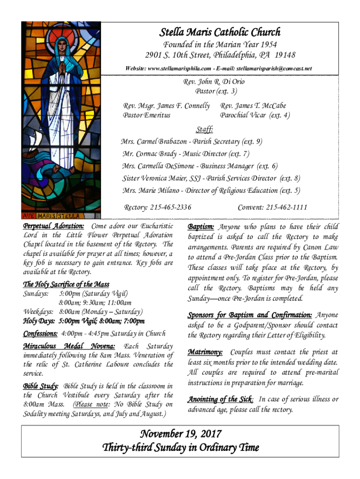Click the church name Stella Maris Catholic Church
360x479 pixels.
click(220, 32)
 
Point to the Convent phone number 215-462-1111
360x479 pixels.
click(286, 207)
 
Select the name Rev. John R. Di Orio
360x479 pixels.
click(213, 82)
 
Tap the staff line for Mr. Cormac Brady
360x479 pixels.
click(186, 153)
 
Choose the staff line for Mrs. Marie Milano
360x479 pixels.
click(211, 190)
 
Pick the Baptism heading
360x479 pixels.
click(201, 227)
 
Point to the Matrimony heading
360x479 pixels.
click(205, 352)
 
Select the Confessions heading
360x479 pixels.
click(41, 334)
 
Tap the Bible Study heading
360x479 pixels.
click(41, 386)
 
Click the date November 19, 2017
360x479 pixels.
click(180, 434)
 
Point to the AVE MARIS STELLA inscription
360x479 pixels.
click(52, 216)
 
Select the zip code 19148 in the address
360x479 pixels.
click(285, 55)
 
